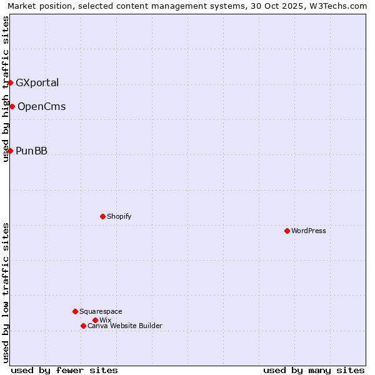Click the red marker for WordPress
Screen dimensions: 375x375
287,231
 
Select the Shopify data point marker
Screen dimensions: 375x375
102,216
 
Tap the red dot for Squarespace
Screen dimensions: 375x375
75,311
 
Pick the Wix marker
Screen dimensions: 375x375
95,320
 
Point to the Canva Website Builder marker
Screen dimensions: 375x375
83,326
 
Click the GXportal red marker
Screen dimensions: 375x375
10,82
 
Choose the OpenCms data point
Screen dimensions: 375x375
12,106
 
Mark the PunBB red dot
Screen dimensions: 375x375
10,151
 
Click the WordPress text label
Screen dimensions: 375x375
309,231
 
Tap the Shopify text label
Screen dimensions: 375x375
119,216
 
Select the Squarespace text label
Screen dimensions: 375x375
101,311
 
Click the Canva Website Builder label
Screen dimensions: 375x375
125,326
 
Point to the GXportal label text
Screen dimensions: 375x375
37,82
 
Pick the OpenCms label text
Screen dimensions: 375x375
41,106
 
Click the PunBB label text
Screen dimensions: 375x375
31,151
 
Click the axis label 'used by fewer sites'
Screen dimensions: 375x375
64,370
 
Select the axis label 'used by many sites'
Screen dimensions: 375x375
314,370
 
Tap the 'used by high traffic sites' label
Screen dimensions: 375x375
6,89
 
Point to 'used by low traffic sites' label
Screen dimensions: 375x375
6,292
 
